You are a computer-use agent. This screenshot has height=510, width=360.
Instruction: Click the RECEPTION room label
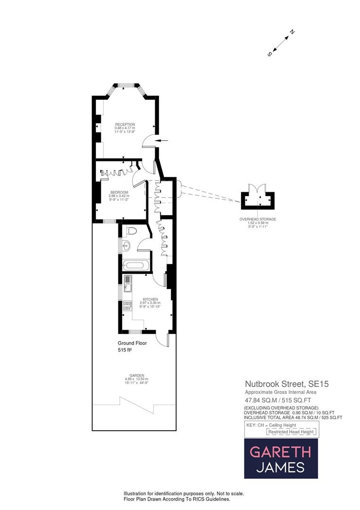click(x=125, y=124)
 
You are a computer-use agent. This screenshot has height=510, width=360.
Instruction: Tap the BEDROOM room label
click(x=119, y=192)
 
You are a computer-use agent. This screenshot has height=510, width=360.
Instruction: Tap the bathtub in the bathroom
click(x=134, y=265)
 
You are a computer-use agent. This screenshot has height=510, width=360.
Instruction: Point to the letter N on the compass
click(x=293, y=32)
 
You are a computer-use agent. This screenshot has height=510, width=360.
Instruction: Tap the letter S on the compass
click(x=269, y=54)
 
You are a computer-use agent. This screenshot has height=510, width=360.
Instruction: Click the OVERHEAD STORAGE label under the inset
click(x=258, y=220)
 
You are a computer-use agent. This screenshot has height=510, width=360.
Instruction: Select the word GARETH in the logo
click(x=280, y=451)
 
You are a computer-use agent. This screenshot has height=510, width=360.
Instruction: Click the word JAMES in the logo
click(x=280, y=467)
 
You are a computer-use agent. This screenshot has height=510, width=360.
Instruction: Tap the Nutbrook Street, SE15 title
click(x=286, y=384)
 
